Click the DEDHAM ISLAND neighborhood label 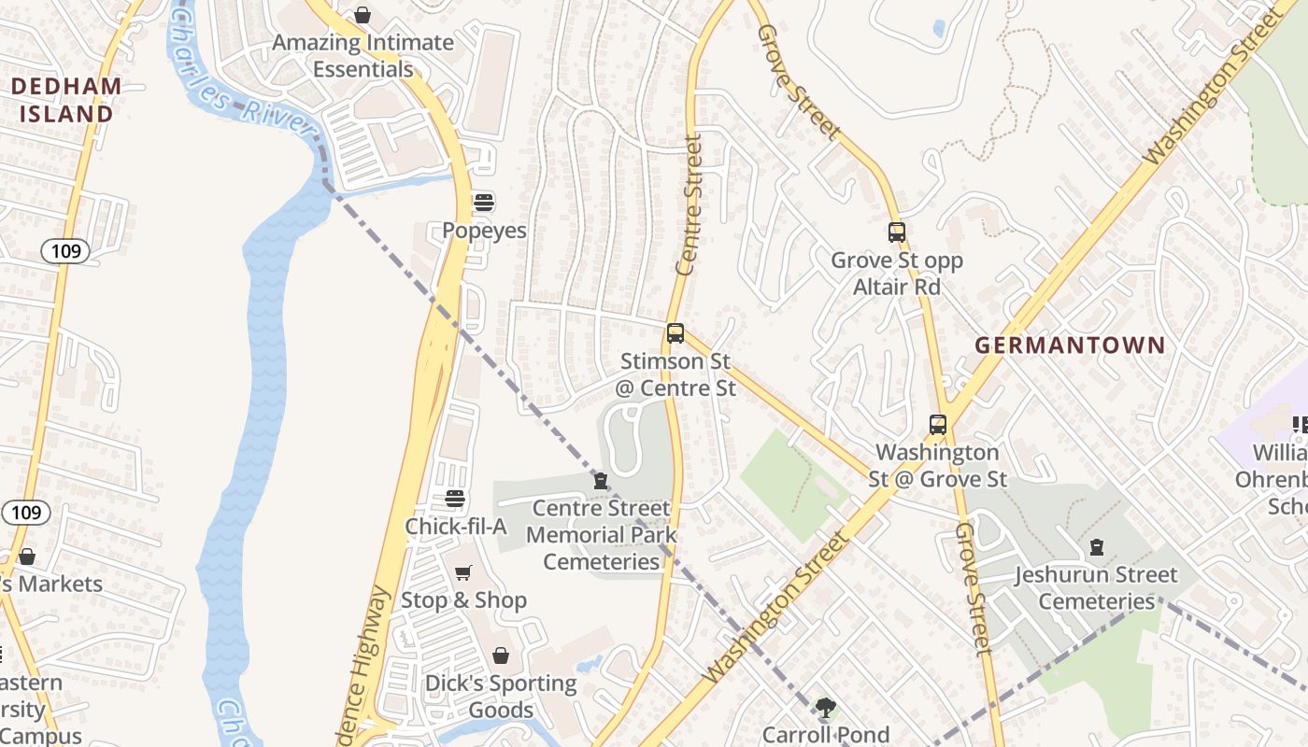pyautogui.click(x=66, y=100)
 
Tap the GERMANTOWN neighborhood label pyautogui.click(x=1070, y=345)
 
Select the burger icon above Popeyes pyautogui.click(x=484, y=202)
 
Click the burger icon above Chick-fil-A pyautogui.click(x=455, y=499)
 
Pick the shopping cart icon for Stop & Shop pyautogui.click(x=463, y=572)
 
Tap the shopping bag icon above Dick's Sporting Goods pyautogui.click(x=501, y=655)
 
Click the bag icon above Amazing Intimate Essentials pyautogui.click(x=363, y=15)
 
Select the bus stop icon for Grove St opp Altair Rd pyautogui.click(x=897, y=233)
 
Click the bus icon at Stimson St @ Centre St pyautogui.click(x=675, y=333)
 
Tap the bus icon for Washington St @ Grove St pyautogui.click(x=938, y=425)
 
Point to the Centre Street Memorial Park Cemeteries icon pyautogui.click(x=600, y=481)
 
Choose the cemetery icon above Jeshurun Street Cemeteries pyautogui.click(x=1097, y=547)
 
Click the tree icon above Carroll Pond pyautogui.click(x=825, y=708)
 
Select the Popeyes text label pyautogui.click(x=484, y=231)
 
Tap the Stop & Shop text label pyautogui.click(x=463, y=600)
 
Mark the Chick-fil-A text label pyautogui.click(x=455, y=527)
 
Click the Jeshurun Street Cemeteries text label pyautogui.click(x=1097, y=588)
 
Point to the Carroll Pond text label pyautogui.click(x=825, y=735)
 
